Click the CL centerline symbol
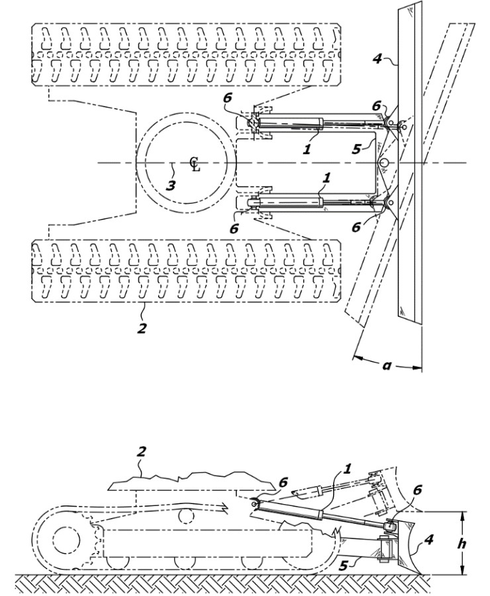tap(195, 164)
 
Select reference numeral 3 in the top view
tap(171, 185)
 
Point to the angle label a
tap(387, 366)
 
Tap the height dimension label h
tap(462, 544)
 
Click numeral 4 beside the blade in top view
tap(377, 59)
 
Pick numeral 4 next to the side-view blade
tap(429, 539)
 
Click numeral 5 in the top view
tap(356, 149)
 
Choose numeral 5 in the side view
tap(343, 566)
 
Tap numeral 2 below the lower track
tap(142, 327)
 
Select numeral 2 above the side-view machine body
tap(141, 452)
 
